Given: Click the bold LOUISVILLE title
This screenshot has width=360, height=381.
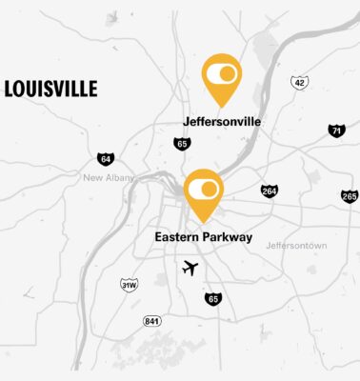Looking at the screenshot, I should point(50,90).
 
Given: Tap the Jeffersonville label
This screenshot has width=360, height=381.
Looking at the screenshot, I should point(222,122).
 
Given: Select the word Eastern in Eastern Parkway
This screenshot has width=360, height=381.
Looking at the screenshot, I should point(178,237).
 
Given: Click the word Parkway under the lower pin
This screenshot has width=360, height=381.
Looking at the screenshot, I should point(229,237).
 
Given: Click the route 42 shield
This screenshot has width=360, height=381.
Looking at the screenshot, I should point(300,83).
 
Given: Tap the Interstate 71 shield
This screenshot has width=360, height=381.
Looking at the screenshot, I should point(335,130).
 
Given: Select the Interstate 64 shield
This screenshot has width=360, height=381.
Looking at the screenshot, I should point(105,159).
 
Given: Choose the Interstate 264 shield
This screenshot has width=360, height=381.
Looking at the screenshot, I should point(270,191).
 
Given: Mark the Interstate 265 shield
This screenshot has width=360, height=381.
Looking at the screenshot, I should point(350,196).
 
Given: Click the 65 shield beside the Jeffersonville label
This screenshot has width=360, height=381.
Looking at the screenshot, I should point(181,144).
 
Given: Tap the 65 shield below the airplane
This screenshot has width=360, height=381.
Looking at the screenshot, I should point(212,299).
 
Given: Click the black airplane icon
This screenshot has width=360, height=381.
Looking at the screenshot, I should point(190,269).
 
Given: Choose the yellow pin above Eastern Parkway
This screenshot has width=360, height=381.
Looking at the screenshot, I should point(203,193).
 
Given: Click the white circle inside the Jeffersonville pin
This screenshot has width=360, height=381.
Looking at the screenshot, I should point(228,73).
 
